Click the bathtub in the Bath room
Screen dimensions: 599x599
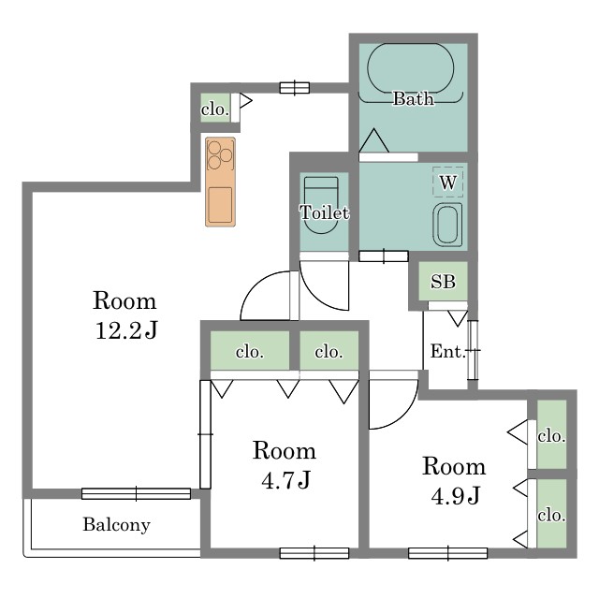coord(411,68)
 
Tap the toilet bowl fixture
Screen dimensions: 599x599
coord(321,205)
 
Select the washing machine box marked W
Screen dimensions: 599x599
coord(447,182)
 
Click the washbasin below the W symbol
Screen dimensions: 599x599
coord(447,225)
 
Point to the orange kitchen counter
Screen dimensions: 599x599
coord(220,182)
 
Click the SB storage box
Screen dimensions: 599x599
coord(443,281)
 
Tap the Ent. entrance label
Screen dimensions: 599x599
coord(447,351)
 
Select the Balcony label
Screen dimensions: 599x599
coord(116,524)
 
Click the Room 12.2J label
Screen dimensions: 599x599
coord(124,315)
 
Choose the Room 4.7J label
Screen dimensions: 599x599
coord(285,465)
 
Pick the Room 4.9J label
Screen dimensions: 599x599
coord(454,481)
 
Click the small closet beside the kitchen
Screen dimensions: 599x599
coord(215,109)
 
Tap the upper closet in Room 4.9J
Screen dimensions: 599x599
coord(551,434)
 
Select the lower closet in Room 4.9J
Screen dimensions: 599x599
coord(551,514)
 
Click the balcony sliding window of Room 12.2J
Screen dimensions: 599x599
coord(136,493)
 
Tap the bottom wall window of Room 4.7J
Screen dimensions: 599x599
coord(314,553)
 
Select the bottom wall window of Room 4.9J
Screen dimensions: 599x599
coord(447,553)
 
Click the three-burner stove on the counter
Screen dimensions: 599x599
coord(220,154)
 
